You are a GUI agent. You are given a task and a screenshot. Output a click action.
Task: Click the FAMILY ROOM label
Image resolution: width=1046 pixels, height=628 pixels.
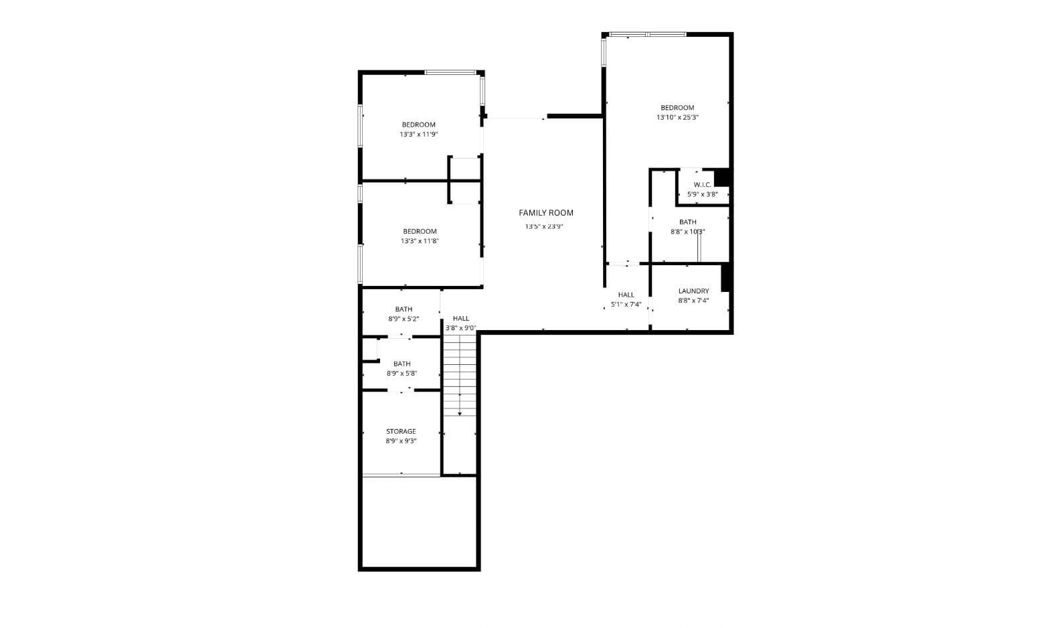(x=546, y=213)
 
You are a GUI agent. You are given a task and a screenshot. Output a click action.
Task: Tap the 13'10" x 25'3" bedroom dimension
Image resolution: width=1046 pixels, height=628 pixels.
(x=677, y=118)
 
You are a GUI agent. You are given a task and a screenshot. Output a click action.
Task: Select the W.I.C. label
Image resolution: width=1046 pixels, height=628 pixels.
(x=702, y=185)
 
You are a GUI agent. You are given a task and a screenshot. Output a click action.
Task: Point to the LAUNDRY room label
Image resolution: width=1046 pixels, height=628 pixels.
(x=693, y=291)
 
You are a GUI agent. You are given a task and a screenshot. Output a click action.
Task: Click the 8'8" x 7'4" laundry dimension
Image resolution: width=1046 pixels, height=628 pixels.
(x=693, y=301)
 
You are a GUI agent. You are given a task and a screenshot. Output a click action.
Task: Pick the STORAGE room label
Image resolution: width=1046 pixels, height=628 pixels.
(x=401, y=432)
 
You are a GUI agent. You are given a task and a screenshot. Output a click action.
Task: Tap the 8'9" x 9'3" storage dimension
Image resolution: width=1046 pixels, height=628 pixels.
(x=401, y=441)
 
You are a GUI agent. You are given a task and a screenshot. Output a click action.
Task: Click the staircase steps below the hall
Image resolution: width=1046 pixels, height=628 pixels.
(x=460, y=375)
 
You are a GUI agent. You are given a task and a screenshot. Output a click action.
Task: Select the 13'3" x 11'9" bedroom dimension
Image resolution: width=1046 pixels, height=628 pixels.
(x=419, y=135)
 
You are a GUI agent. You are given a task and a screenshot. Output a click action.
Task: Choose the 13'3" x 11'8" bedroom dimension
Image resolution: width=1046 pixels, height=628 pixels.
(x=420, y=241)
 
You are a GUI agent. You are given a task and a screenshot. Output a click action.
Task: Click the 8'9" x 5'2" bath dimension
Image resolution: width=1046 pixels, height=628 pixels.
(x=404, y=319)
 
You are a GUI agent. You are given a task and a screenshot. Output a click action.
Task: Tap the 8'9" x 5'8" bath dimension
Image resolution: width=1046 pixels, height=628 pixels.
(x=402, y=374)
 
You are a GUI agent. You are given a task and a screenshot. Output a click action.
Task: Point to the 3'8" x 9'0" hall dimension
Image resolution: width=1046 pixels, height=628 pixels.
(x=460, y=328)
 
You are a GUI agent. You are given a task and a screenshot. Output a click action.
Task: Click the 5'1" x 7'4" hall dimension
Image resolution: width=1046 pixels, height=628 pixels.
(x=626, y=305)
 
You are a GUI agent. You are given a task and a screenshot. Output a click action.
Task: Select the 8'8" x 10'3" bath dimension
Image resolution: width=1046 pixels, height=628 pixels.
(x=687, y=232)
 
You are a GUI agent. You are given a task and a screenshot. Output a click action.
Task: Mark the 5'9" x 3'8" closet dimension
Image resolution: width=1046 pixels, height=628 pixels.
(x=702, y=194)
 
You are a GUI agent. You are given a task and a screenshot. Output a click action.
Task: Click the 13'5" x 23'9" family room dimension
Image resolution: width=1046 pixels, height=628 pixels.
(x=544, y=226)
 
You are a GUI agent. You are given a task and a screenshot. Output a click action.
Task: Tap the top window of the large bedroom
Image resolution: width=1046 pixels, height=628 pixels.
(x=647, y=34)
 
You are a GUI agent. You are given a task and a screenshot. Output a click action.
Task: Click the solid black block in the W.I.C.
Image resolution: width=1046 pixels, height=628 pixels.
(x=721, y=177)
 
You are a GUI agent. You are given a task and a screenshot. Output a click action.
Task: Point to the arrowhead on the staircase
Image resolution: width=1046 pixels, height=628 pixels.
(x=460, y=413)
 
